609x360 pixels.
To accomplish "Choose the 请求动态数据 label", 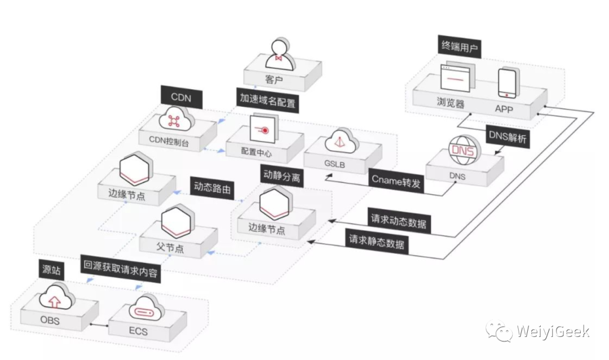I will coord(399,221).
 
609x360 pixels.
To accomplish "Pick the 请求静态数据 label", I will coord(377,243).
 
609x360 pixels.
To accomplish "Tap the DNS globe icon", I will coord(464,152).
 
